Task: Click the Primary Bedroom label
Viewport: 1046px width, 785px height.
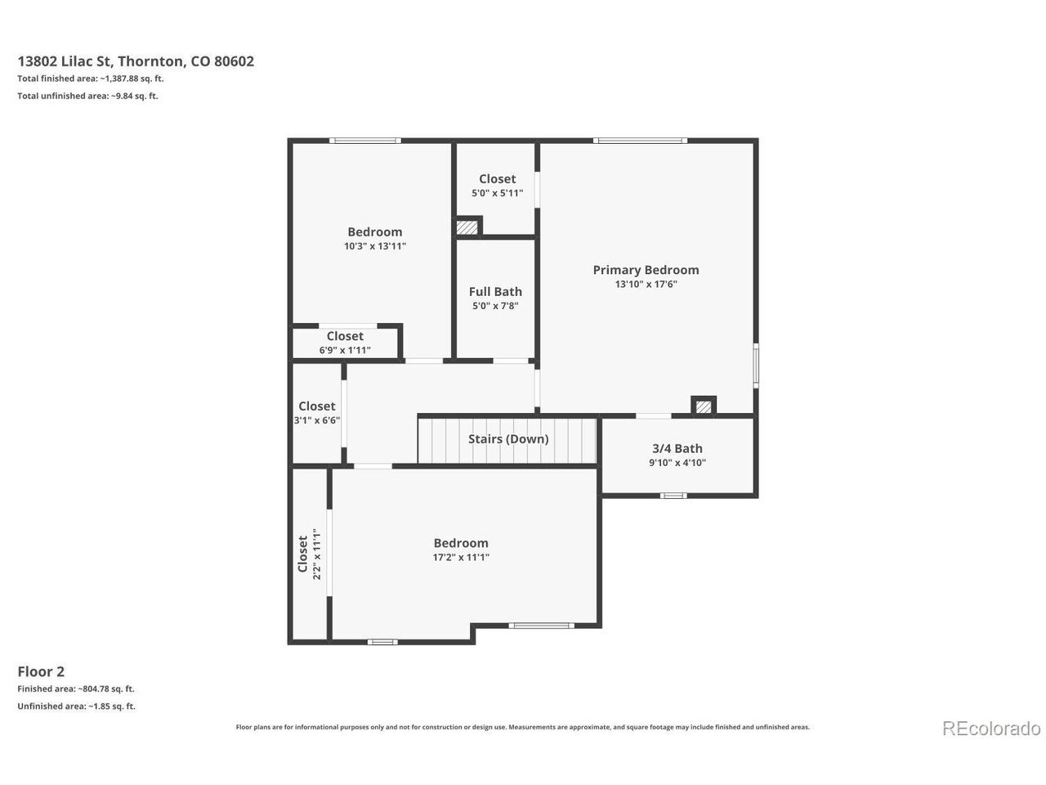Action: tap(646, 270)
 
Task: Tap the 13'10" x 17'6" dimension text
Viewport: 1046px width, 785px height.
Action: tap(646, 285)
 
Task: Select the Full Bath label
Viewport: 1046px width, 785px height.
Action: tap(495, 292)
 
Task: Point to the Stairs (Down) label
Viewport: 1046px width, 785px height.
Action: tap(508, 439)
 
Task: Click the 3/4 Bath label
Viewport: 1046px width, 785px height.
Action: tap(677, 448)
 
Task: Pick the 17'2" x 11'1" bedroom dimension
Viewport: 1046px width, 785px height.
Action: tap(461, 557)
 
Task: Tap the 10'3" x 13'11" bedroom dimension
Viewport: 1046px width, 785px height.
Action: tap(375, 246)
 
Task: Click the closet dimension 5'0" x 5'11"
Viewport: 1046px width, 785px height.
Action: tap(497, 194)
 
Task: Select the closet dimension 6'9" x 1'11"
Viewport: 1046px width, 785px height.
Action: tap(345, 350)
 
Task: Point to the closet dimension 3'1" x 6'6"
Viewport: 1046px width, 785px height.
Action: tap(317, 420)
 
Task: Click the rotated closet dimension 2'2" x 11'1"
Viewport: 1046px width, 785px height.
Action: tap(317, 554)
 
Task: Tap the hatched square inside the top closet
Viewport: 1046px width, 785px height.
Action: tap(467, 227)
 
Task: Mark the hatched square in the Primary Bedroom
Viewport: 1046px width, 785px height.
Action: tap(704, 407)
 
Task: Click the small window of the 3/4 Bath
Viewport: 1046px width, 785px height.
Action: tap(673, 496)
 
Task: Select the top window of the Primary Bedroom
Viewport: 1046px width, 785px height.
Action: tap(640, 141)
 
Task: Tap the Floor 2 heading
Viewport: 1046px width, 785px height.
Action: tap(41, 671)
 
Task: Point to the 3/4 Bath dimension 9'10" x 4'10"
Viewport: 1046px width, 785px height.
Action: tap(677, 463)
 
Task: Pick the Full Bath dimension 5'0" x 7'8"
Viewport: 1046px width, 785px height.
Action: tap(495, 306)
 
